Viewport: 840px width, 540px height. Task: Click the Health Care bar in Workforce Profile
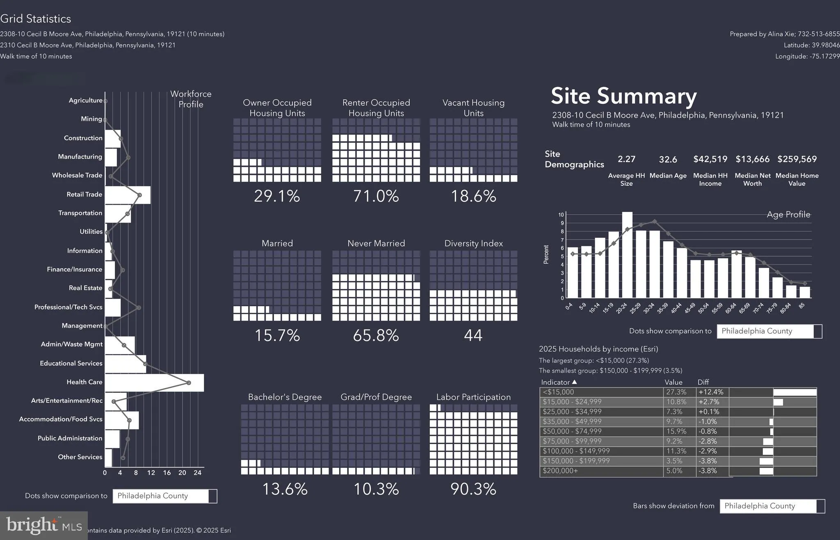[154, 383]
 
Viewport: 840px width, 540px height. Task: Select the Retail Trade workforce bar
[128, 195]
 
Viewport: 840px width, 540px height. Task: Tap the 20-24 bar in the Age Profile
[627, 255]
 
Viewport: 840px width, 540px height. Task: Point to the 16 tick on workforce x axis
[167, 473]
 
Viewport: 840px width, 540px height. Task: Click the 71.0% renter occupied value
[376, 196]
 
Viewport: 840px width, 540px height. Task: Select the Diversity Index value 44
[473, 335]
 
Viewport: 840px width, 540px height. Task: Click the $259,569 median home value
[797, 159]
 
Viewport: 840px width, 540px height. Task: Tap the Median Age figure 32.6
[668, 159]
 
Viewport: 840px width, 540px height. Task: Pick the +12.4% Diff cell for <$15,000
[711, 392]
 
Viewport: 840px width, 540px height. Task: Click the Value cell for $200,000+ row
[674, 471]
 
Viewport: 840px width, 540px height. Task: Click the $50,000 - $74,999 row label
[572, 431]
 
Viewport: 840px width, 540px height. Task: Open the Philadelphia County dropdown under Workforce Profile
[164, 496]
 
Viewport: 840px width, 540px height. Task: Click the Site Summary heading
[623, 96]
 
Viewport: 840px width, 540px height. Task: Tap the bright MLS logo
[43, 525]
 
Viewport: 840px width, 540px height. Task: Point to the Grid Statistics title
[36, 19]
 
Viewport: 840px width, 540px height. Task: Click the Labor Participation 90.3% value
[473, 489]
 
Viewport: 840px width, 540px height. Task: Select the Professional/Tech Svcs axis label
[68, 307]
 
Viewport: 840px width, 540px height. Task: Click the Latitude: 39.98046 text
[811, 45]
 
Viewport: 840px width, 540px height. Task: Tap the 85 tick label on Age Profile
[802, 306]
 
